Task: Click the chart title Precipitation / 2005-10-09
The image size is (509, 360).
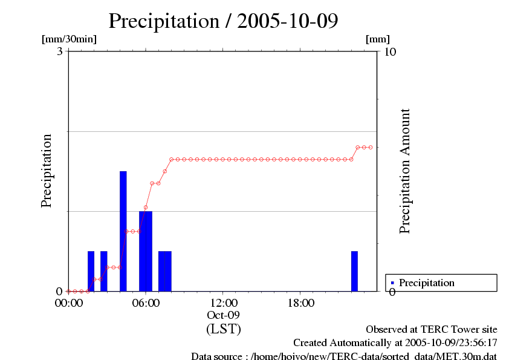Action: click(x=223, y=21)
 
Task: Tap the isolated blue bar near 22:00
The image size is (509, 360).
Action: click(x=354, y=270)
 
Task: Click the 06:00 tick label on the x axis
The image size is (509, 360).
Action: click(x=146, y=303)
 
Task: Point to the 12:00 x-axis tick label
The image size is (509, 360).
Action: click(x=223, y=303)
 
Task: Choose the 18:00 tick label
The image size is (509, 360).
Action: click(x=300, y=303)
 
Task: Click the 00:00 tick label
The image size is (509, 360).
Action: click(x=68, y=303)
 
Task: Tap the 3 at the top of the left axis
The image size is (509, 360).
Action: click(x=60, y=51)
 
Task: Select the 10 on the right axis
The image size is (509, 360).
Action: click(x=390, y=51)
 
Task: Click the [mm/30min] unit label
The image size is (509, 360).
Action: click(x=69, y=39)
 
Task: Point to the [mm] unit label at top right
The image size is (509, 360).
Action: click(x=378, y=39)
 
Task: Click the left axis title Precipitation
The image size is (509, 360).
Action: click(x=47, y=171)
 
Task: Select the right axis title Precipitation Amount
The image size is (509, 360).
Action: click(x=405, y=171)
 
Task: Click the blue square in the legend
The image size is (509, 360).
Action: click(x=392, y=283)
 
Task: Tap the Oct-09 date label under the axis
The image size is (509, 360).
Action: click(x=223, y=316)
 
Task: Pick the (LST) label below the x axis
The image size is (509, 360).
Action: click(x=223, y=329)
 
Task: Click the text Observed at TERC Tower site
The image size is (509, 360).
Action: click(x=432, y=330)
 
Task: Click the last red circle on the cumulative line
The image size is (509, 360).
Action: click(x=371, y=147)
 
